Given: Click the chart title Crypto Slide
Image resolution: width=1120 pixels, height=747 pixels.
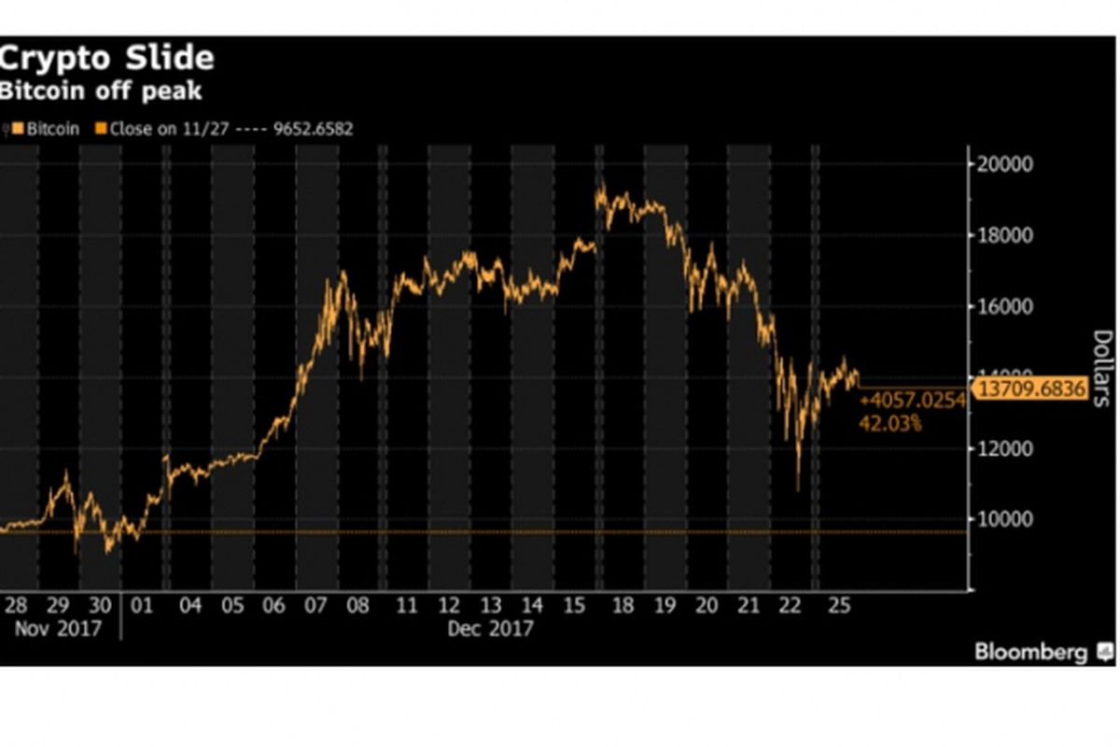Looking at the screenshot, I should click(x=107, y=59).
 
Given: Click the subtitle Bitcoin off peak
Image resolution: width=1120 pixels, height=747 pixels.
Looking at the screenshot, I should click(x=101, y=92).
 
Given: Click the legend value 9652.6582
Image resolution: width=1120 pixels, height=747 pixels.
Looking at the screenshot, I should click(x=314, y=130).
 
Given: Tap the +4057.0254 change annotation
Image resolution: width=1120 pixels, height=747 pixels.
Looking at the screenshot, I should click(x=912, y=402).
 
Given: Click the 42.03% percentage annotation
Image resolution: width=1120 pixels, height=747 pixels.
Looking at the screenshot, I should click(x=889, y=424).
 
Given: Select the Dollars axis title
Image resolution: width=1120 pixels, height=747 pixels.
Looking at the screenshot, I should click(x=1101, y=368).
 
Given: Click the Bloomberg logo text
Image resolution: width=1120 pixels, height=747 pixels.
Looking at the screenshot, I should click(x=1030, y=652).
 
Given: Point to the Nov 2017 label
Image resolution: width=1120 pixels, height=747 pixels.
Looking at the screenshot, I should click(x=58, y=628).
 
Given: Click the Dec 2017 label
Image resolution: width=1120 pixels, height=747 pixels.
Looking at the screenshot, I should click(x=490, y=628).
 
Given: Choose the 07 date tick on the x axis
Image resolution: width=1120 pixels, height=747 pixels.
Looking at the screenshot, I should click(x=315, y=606).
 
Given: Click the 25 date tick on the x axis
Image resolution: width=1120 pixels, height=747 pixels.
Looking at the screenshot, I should click(x=839, y=606).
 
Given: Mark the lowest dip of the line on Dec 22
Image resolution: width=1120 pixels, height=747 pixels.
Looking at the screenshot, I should click(x=797, y=488).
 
